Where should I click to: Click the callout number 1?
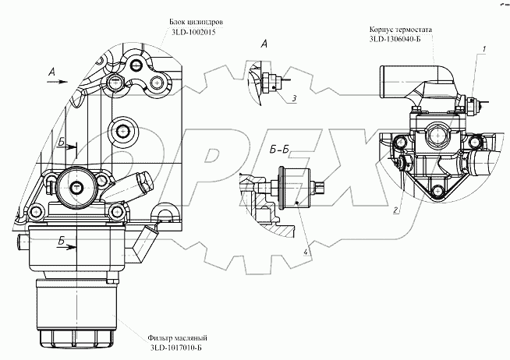point(484,49)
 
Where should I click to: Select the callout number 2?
point(396,211)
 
